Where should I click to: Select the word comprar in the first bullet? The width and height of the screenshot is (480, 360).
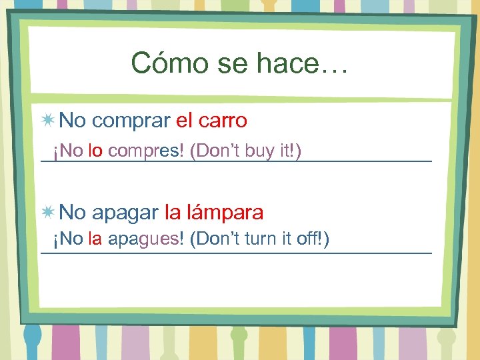131,121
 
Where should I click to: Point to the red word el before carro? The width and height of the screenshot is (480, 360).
183,121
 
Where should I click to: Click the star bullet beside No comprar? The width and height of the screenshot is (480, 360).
47,121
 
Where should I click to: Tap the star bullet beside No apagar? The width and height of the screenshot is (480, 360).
47,213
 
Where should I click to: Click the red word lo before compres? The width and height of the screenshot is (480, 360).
95,152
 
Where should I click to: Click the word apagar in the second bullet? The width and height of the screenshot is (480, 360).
125,213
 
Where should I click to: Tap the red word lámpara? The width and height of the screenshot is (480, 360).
225,213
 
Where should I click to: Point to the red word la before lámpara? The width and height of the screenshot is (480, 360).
173,213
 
